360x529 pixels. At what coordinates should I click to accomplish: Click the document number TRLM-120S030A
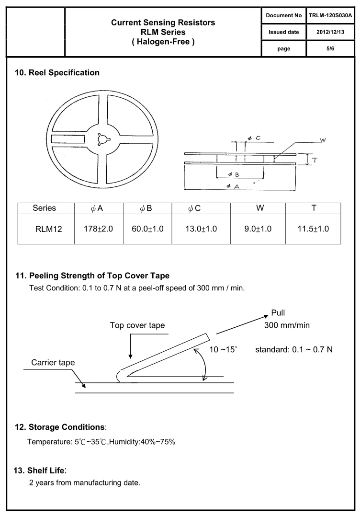click(330, 15)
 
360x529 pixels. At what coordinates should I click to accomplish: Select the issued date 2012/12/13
click(330, 32)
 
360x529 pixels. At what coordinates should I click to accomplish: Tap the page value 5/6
click(330, 48)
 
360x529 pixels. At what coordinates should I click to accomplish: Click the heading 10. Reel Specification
click(57, 73)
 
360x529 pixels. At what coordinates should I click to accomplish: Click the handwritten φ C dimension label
click(254, 138)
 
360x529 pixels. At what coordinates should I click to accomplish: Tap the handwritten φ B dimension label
click(234, 174)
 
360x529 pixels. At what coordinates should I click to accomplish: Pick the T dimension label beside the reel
click(314, 160)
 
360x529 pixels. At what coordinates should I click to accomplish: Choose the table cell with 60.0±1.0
click(147, 229)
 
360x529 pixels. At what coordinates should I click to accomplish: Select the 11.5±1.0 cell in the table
click(313, 229)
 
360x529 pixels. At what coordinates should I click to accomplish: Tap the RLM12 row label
click(48, 229)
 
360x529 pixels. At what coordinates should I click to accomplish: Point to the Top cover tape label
click(137, 325)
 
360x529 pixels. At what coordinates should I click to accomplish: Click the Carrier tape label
click(53, 362)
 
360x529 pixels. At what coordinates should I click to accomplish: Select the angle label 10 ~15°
click(223, 349)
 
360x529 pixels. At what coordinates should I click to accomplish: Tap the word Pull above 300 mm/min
click(278, 313)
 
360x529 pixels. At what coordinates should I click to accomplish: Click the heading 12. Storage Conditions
click(60, 426)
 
